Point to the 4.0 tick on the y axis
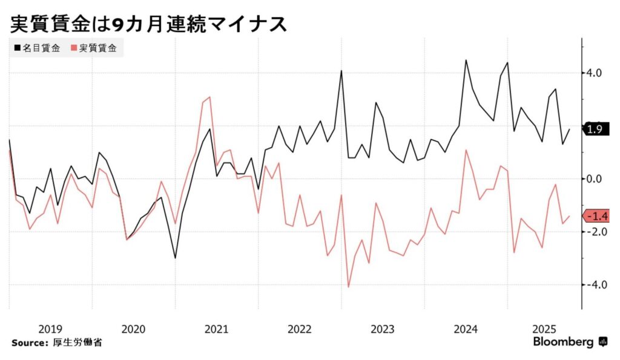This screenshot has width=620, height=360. coord(593,73)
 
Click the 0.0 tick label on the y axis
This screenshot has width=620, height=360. coord(593,179)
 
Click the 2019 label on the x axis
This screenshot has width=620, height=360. coord(50,329)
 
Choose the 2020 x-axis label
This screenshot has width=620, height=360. coord(133,329)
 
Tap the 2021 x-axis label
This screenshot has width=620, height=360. coord(216,329)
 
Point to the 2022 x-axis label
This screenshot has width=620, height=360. coord(299,329)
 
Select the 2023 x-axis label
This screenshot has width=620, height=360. coord(383,329)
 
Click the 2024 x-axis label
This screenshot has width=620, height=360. coord(466,329)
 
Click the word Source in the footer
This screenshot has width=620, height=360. coord(27,343)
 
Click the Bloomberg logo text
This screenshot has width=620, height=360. coord(563,342)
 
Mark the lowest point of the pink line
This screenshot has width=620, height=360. coord(349,287)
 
